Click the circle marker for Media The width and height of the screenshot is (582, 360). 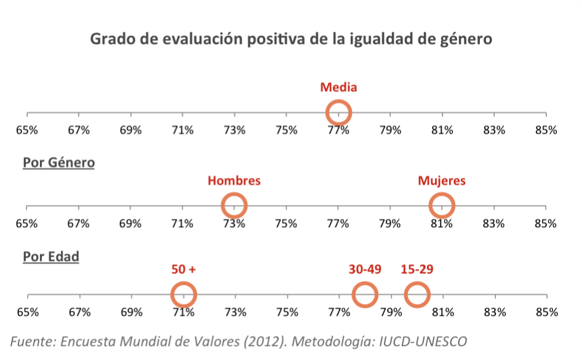pyautogui.click(x=338, y=113)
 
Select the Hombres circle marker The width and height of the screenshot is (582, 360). pyautogui.click(x=234, y=205)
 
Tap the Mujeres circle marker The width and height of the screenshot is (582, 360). pyautogui.click(x=442, y=205)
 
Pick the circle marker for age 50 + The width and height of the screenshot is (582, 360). pyautogui.click(x=183, y=295)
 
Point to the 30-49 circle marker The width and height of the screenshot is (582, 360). pyautogui.click(x=365, y=295)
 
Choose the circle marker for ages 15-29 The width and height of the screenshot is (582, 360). pyautogui.click(x=417, y=295)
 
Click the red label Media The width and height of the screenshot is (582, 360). pyautogui.click(x=338, y=87)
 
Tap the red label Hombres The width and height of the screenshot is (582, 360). pyautogui.click(x=234, y=181)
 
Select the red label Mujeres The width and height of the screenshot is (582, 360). pyautogui.click(x=442, y=181)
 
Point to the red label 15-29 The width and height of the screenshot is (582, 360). pyautogui.click(x=417, y=270)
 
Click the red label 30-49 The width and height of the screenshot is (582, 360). pyautogui.click(x=365, y=270)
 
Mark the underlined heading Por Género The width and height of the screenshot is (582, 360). pyautogui.click(x=58, y=163)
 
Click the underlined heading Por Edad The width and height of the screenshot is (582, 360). pyautogui.click(x=51, y=256)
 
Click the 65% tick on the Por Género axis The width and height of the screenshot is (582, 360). pyautogui.click(x=28, y=223)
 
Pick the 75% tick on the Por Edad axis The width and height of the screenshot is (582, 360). pyautogui.click(x=287, y=312)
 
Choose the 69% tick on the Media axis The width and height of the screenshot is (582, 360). pyautogui.click(x=131, y=130)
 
